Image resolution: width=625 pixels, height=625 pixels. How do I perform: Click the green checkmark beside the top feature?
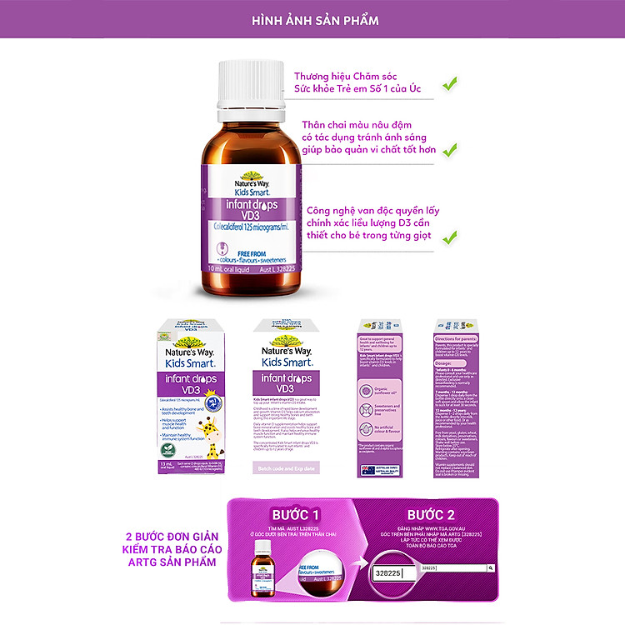pyautogui.click(x=450, y=83)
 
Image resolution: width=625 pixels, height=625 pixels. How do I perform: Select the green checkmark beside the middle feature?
pyautogui.click(x=450, y=150)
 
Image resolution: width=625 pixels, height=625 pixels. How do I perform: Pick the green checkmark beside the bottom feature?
pyautogui.click(x=450, y=237)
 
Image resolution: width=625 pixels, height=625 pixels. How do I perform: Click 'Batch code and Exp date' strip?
pyautogui.click(x=287, y=469)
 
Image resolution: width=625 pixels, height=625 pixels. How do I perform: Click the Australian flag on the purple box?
pyautogui.click(x=367, y=469)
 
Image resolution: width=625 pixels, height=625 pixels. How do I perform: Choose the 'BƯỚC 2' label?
pyautogui.click(x=431, y=515)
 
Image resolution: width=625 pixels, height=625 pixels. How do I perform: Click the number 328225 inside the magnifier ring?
pyautogui.click(x=389, y=575)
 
